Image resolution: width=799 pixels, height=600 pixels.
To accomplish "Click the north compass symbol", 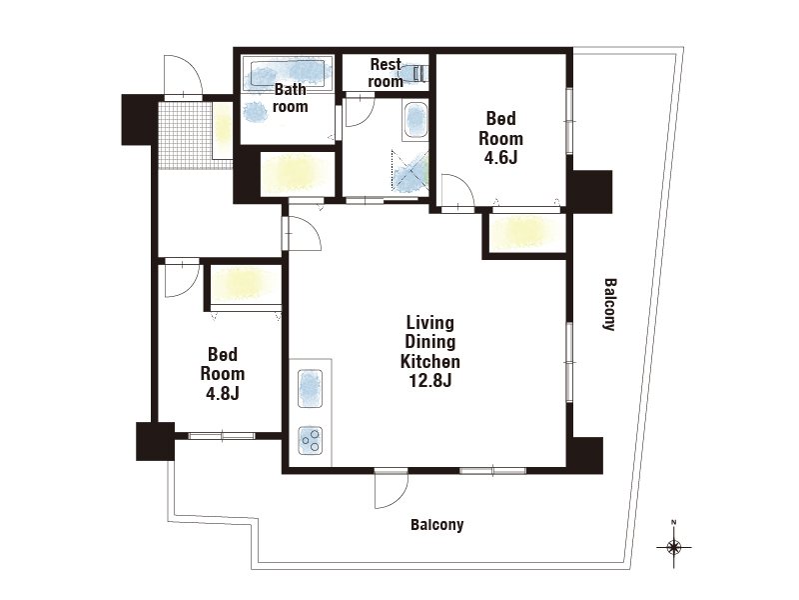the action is (673, 547).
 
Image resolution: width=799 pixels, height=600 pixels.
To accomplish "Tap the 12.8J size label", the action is (430, 381).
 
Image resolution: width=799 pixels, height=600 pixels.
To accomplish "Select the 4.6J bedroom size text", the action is (501, 158).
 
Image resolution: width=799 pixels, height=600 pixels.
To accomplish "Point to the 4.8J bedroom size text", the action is (222, 393).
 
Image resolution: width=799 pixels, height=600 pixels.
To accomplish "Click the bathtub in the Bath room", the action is (288, 74).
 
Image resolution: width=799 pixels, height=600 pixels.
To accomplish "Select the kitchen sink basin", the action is (310, 388).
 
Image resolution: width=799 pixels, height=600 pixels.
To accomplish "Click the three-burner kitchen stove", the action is (311, 440).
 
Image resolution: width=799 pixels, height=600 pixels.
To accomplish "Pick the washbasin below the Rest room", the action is (415, 121).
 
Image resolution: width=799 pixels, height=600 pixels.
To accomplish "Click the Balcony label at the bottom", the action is (437, 524).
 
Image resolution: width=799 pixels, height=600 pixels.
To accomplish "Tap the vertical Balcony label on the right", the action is (610, 304).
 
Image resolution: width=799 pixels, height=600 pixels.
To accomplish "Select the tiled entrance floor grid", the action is (185, 135).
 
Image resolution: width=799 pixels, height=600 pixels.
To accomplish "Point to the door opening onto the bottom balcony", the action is (391, 488).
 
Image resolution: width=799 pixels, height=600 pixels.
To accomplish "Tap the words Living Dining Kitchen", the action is (430, 342).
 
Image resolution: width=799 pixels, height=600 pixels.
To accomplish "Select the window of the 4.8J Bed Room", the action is (222, 436).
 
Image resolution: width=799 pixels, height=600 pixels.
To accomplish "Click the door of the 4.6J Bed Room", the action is (458, 192).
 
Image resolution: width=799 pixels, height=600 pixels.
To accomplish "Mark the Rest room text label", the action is (386, 73).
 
